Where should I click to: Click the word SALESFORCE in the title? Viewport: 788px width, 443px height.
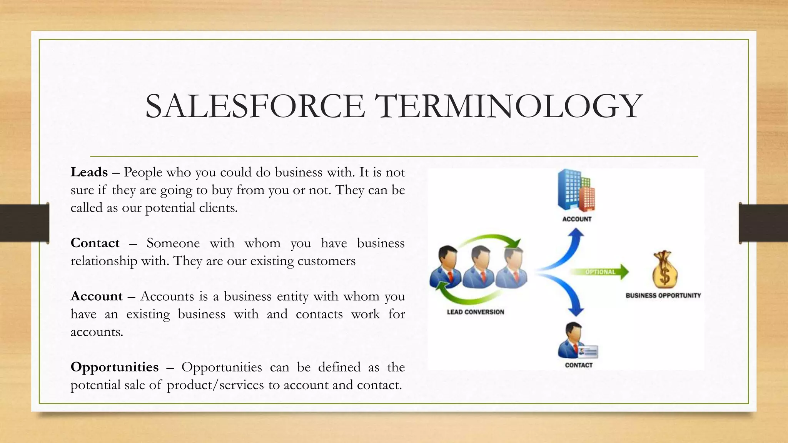255,106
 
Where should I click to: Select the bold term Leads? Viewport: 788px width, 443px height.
89,172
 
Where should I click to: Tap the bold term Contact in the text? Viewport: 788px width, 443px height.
95,243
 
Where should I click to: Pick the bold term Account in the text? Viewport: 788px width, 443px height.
97,296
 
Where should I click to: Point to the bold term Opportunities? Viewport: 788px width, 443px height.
114,367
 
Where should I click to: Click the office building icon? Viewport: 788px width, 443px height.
576,190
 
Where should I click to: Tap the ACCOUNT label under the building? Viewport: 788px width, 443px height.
577,219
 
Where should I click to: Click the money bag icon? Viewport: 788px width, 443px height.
664,269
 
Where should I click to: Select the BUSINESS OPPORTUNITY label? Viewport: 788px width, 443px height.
663,295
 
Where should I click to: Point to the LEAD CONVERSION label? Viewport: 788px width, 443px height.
475,312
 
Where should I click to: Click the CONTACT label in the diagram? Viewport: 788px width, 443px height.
578,365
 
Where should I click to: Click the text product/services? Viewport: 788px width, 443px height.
215,385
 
